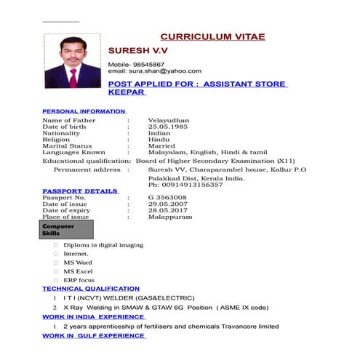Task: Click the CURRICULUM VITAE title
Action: pyautogui.click(x=212, y=36)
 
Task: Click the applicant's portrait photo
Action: pyautogui.click(x=72, y=61)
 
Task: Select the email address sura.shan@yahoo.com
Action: pyautogui.click(x=166, y=71)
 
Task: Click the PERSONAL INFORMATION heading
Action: pyautogui.click(x=84, y=111)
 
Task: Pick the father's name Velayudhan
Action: pyautogui.click(x=169, y=120)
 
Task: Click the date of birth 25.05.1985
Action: pyautogui.click(x=168, y=127)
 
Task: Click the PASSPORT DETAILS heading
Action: pyautogui.click(x=80, y=191)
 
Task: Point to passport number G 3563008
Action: pyautogui.click(x=167, y=198)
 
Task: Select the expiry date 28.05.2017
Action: pyautogui.click(x=168, y=211)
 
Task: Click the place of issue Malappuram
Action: pyautogui.click(x=170, y=217)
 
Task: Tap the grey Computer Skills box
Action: pyautogui.click(x=68, y=230)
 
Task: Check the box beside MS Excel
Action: pyautogui.click(x=55, y=271)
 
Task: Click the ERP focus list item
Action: pyautogui.click(x=79, y=280)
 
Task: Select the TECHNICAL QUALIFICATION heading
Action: pyautogui.click(x=91, y=289)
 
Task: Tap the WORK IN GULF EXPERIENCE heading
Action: pyautogui.click(x=94, y=336)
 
